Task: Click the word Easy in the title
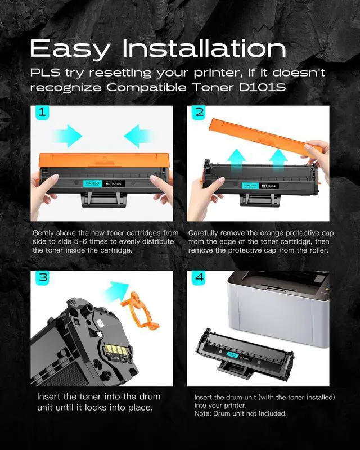pyautogui.click(x=70, y=49)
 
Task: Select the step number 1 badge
pyautogui.click(x=42, y=112)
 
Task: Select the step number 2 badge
pyautogui.click(x=199, y=112)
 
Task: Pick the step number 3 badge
pyautogui.click(x=43, y=277)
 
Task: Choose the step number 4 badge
pyautogui.click(x=199, y=277)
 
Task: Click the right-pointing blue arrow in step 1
pyautogui.click(x=68, y=136)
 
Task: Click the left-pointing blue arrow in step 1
pyautogui.click(x=138, y=136)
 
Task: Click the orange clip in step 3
pyautogui.click(x=140, y=310)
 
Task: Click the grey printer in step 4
pyautogui.click(x=278, y=308)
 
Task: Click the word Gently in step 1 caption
pyautogui.click(x=43, y=233)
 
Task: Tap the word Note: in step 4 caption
pyautogui.click(x=203, y=413)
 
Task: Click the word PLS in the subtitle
pyautogui.click(x=45, y=73)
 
